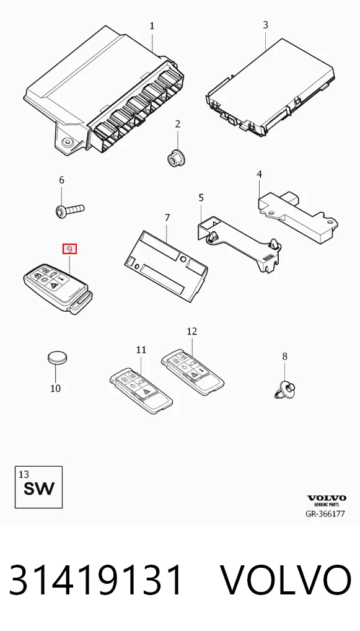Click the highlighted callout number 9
(x=69, y=250)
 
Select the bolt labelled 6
(x=69, y=210)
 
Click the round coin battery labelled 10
(x=58, y=358)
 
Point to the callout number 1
(x=152, y=26)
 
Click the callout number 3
(x=265, y=25)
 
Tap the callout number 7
(x=167, y=218)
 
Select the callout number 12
(x=192, y=331)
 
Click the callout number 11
(x=141, y=350)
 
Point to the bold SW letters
(x=38, y=488)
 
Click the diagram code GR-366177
(x=325, y=514)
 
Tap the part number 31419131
(x=96, y=580)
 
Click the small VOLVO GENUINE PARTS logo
(x=326, y=501)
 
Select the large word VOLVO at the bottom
(x=286, y=580)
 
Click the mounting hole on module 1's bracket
(x=67, y=142)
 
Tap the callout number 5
(x=201, y=198)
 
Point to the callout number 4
(x=260, y=174)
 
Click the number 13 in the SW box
(x=24, y=475)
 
